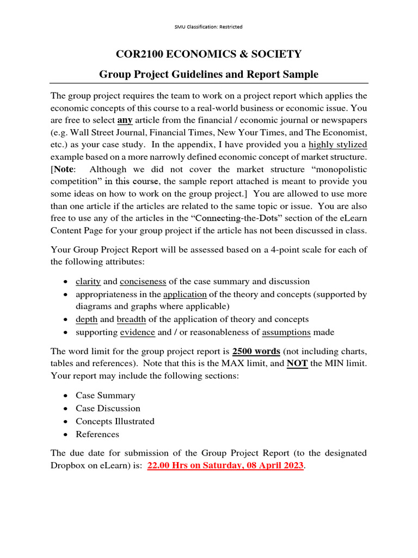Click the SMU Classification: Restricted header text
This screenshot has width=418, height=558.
(x=209, y=27)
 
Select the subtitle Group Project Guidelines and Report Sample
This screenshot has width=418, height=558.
(x=209, y=74)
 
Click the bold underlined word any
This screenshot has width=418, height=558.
(x=125, y=120)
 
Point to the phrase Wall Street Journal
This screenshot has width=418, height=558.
(x=108, y=132)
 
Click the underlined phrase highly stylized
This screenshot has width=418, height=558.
(x=337, y=145)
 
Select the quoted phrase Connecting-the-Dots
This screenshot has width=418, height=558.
(x=230, y=206)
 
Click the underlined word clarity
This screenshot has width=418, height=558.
(x=88, y=282)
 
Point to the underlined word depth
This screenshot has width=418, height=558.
(x=87, y=319)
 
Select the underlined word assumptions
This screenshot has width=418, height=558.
(x=286, y=332)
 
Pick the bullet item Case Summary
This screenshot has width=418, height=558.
(x=105, y=396)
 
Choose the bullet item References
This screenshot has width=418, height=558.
(x=97, y=434)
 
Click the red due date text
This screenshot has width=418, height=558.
(x=225, y=466)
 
